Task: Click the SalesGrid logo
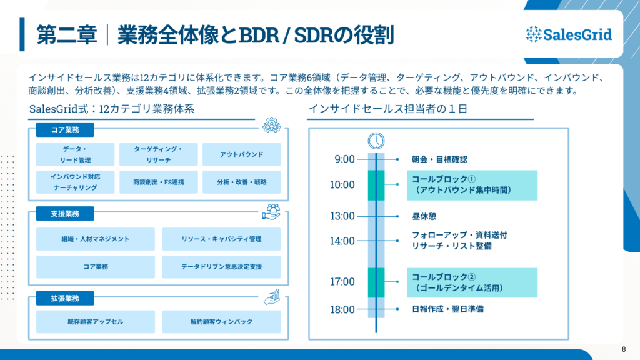pos(569,34)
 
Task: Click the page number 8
pos(624,349)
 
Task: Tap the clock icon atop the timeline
pos(376,140)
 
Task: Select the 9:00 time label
pos(344,159)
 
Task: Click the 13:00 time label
pos(342,216)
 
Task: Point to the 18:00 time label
pos(342,309)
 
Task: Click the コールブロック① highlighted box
pos(472,185)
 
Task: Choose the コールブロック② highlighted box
pos(472,282)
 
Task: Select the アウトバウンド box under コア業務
pos(242,154)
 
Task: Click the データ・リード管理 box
pos(76,154)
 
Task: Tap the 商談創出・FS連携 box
pos(159,182)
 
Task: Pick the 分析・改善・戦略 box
pos(242,182)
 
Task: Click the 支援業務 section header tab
pos(65,214)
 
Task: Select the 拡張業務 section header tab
pos(65,298)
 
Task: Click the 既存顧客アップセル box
pos(96,322)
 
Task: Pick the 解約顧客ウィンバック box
pos(221,322)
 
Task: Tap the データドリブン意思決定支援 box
pos(221,267)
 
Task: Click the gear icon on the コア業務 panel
pos(272,125)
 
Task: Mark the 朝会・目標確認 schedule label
pos(439,159)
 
